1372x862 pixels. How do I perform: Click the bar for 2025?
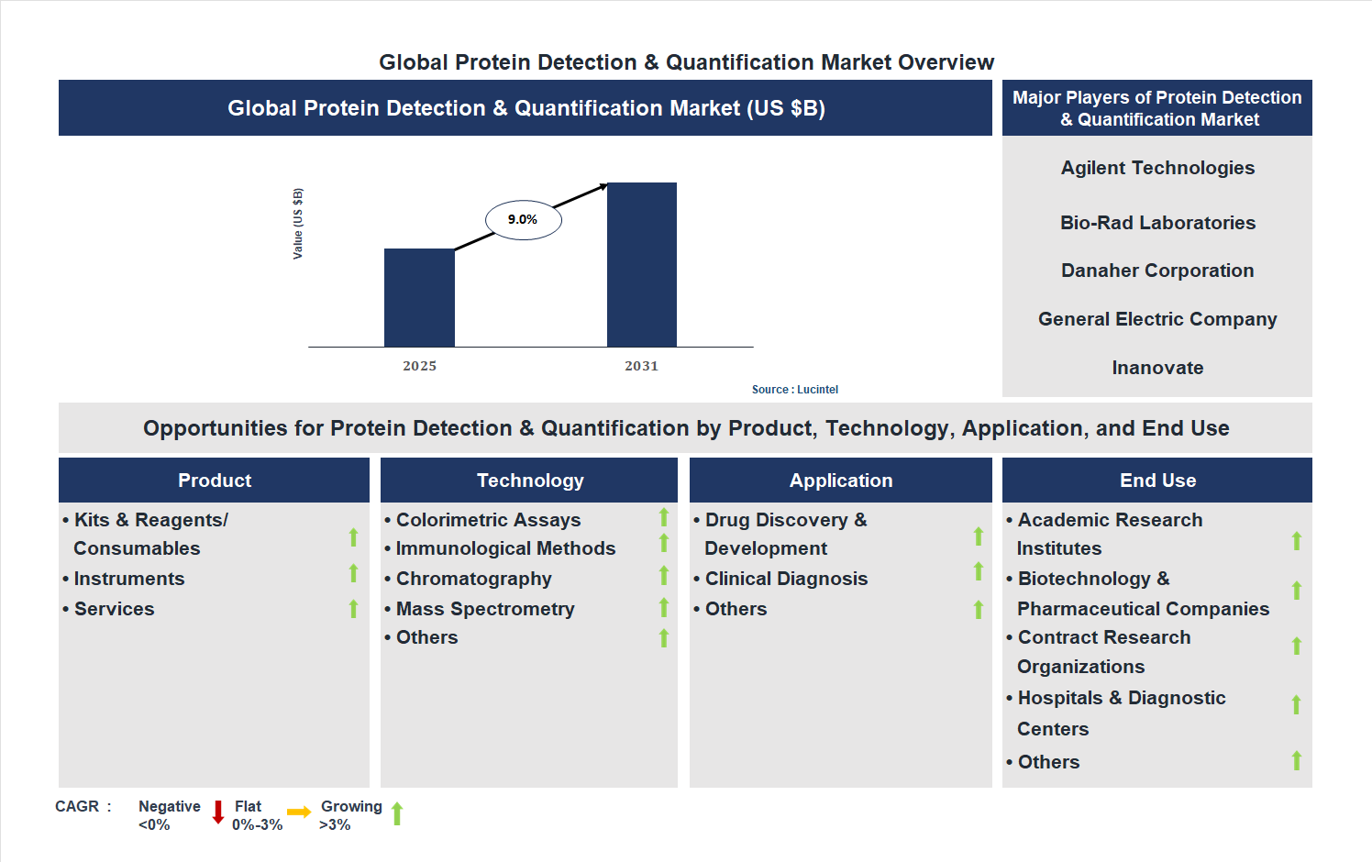(x=419, y=297)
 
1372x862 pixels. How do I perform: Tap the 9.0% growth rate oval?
(x=523, y=220)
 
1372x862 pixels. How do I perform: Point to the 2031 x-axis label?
(x=641, y=366)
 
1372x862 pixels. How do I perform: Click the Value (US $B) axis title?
(x=298, y=224)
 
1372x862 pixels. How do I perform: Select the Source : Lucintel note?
(x=794, y=390)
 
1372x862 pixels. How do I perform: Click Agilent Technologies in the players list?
(x=1157, y=168)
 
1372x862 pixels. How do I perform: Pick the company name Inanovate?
(x=1157, y=368)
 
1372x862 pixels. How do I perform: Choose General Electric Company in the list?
(x=1157, y=319)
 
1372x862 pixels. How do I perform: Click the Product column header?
(x=214, y=481)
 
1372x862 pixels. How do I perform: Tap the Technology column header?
(x=529, y=481)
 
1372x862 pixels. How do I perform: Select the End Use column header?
(x=1157, y=481)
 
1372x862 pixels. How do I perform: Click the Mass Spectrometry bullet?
(x=484, y=609)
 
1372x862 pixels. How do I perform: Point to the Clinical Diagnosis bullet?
(x=785, y=579)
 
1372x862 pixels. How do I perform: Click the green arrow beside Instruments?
(x=353, y=574)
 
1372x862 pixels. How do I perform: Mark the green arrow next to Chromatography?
(x=664, y=576)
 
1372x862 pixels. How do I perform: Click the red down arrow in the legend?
(x=218, y=812)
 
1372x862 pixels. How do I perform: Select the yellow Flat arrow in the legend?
(x=299, y=812)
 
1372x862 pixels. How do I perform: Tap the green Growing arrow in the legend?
(x=397, y=813)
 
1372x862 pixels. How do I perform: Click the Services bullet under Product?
(x=114, y=609)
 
